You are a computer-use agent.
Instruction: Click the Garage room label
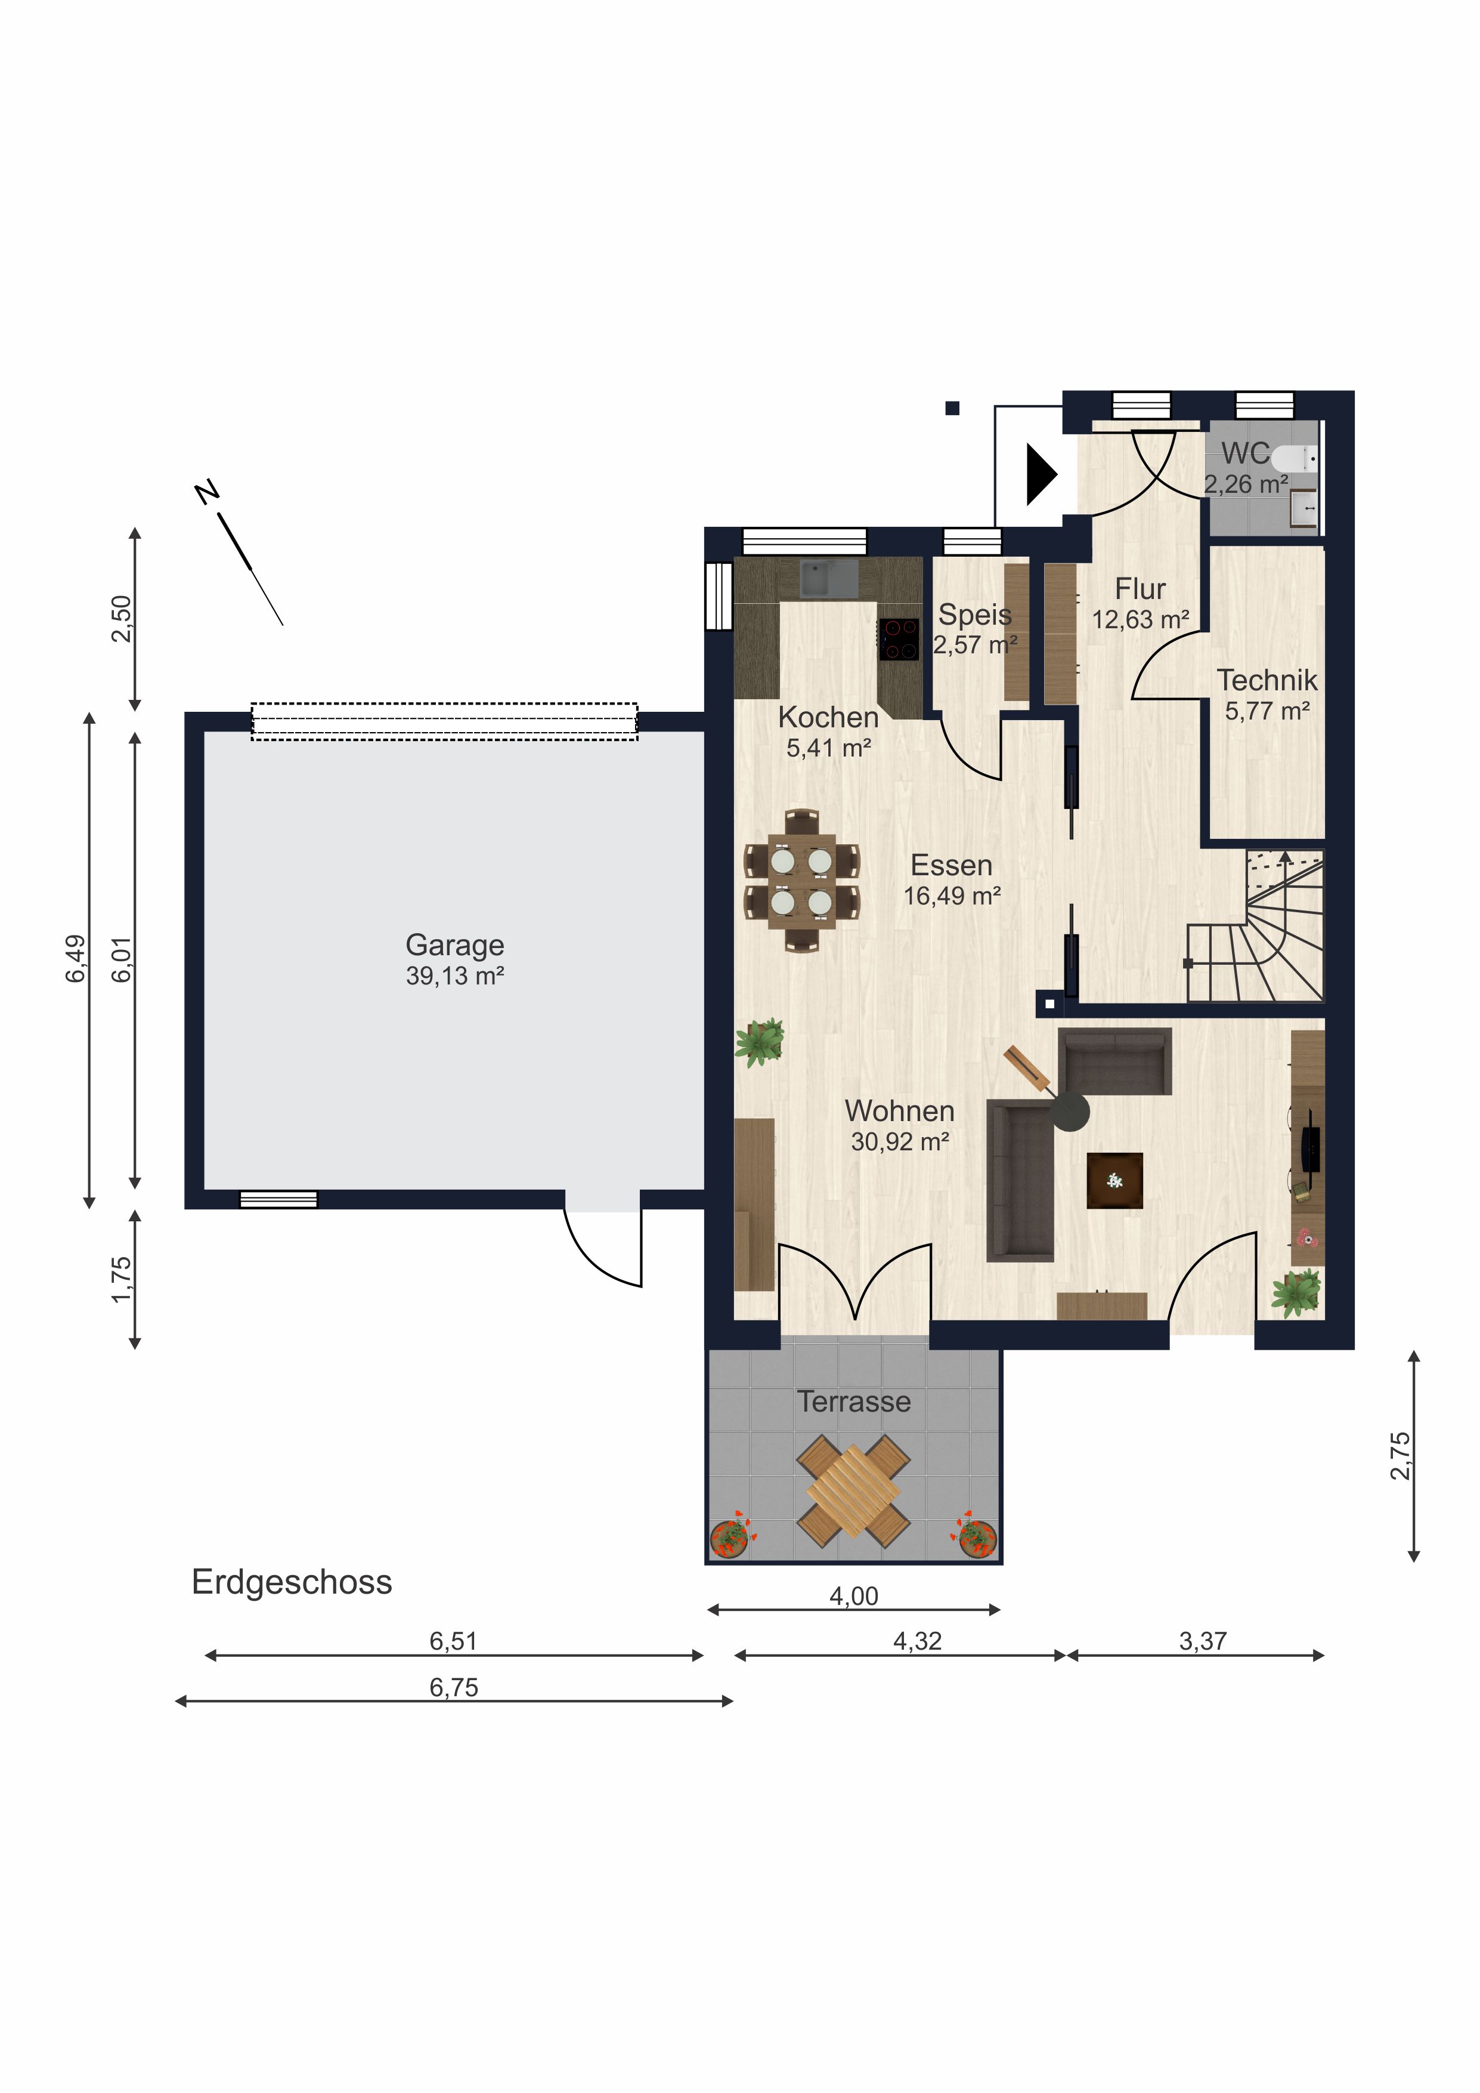click(455, 945)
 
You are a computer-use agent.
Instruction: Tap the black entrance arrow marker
click(1041, 474)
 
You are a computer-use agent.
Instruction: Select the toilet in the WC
click(1293, 458)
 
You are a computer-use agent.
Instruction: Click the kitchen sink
click(828, 578)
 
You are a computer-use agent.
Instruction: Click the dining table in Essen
click(801, 881)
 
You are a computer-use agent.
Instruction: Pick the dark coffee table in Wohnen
click(1114, 1181)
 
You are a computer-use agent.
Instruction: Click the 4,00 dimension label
click(854, 1596)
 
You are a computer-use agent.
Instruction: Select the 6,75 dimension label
click(454, 1687)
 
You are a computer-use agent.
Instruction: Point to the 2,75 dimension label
click(1400, 1456)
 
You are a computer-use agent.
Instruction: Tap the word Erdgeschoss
click(292, 1582)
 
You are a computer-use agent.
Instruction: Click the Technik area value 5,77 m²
click(1267, 711)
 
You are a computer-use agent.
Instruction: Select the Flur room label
click(1140, 589)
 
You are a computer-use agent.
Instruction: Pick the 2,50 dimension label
click(121, 618)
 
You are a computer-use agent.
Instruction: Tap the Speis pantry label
click(975, 615)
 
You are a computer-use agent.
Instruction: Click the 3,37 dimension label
click(1203, 1641)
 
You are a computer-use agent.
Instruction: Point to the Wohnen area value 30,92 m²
click(900, 1141)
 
